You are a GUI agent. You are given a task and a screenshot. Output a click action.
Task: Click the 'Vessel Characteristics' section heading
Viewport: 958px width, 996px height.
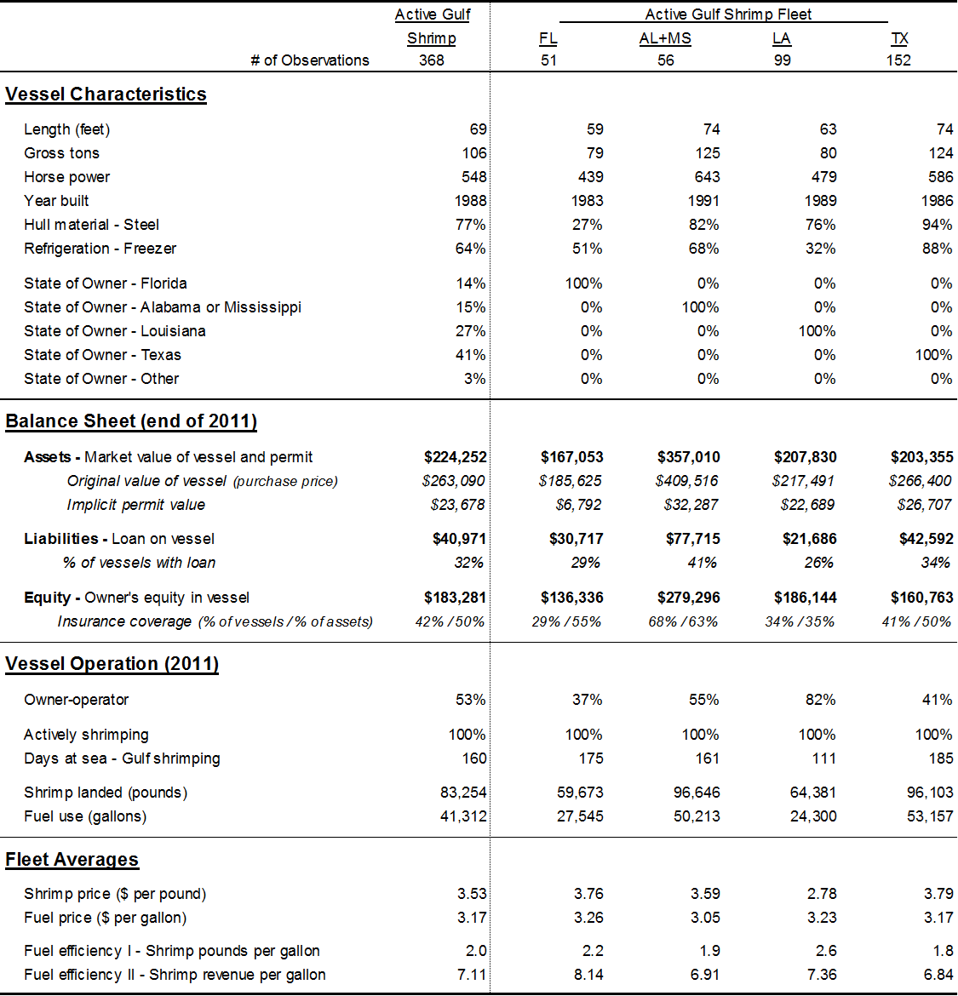[106, 94]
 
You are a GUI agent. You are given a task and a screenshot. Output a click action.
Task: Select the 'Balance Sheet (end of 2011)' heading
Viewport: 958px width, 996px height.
[131, 421]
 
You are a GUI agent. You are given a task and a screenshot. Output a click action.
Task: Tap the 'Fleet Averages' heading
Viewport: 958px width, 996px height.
[72, 860]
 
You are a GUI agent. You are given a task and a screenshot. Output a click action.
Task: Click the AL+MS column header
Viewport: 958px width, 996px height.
[665, 38]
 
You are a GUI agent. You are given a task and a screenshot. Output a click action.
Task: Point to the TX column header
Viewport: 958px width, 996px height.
[899, 38]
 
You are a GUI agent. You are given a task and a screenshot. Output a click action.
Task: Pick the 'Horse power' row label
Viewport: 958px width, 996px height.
[66, 177]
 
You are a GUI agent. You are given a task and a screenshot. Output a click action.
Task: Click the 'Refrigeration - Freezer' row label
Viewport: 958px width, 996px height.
[100, 249]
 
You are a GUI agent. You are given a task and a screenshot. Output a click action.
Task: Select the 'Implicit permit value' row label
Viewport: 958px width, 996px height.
[135, 505]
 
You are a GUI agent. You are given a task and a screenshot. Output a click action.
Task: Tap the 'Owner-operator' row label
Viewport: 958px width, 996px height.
[76, 700]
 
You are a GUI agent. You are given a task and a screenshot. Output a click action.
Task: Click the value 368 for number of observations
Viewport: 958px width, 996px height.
[432, 60]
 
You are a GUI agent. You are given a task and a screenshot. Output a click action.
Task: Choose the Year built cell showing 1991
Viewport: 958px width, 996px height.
[703, 201]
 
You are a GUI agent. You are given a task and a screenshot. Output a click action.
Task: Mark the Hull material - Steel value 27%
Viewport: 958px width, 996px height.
[587, 225]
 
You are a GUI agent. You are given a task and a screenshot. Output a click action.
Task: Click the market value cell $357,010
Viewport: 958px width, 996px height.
[688, 457]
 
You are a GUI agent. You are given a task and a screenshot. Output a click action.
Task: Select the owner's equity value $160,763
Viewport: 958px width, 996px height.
[921, 598]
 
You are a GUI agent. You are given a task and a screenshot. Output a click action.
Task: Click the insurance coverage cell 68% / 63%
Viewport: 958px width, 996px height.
[683, 621]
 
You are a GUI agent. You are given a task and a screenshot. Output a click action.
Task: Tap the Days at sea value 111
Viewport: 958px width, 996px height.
[823, 758]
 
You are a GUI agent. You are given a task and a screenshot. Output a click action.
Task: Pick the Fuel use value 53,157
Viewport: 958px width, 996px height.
[930, 816]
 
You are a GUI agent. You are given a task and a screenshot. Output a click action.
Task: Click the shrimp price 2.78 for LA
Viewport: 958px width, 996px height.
[821, 894]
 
